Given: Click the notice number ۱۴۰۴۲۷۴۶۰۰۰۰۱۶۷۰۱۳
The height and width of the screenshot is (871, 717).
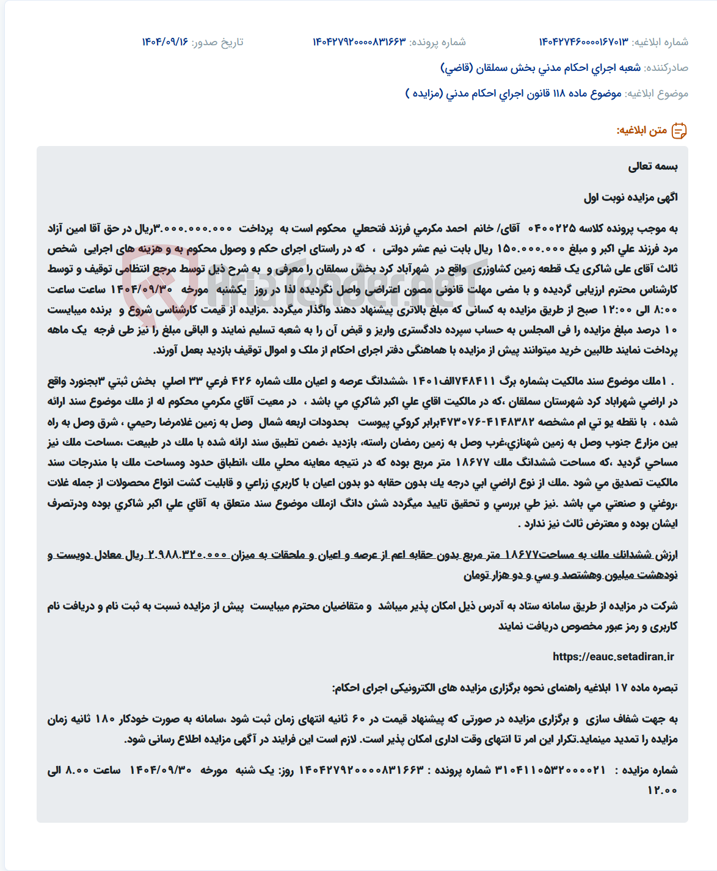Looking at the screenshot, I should [x=583, y=42].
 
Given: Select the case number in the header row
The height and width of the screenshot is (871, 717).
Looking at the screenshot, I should [x=359, y=42].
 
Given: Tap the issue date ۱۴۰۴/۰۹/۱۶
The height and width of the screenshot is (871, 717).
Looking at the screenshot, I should [x=165, y=42].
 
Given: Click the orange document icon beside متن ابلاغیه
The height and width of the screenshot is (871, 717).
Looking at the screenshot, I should [x=679, y=131].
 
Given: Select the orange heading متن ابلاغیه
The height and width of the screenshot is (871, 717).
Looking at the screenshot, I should [x=641, y=131].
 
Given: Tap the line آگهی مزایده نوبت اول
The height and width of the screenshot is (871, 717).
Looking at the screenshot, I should [x=630, y=197].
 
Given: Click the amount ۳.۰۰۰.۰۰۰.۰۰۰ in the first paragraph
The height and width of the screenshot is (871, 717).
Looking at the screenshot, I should [x=192, y=229].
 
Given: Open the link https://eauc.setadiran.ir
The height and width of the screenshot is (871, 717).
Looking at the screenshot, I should [x=613, y=657].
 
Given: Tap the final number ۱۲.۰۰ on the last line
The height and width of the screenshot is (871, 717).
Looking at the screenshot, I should [x=662, y=790].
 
